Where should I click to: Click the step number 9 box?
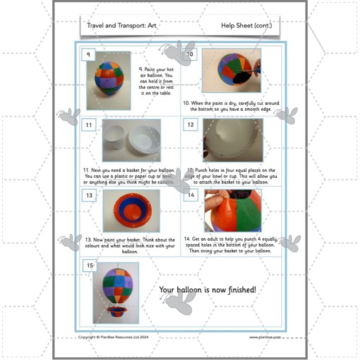[88, 54]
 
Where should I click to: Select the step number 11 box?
[89, 125]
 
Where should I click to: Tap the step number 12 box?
[191, 125]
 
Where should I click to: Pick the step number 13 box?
[89, 195]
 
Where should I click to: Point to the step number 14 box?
[191, 195]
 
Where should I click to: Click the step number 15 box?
[90, 266]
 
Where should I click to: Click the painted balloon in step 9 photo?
[108, 78]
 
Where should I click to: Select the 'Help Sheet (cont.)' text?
[246, 26]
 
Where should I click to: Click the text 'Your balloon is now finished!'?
[207, 289]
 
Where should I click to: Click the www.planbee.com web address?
[265, 337]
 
